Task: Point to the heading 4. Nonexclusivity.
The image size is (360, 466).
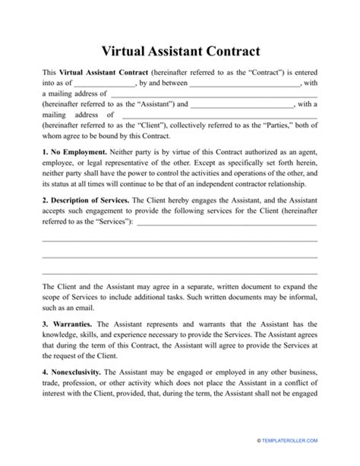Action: pos(71,372)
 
